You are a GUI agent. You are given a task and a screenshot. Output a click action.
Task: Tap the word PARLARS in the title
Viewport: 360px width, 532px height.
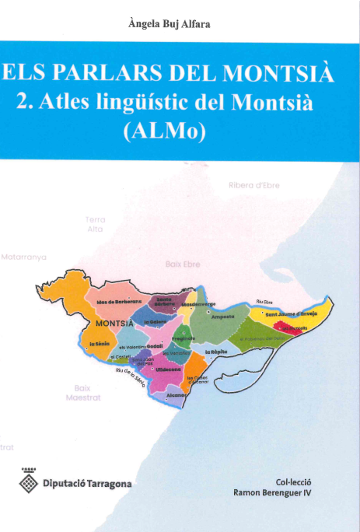(125, 75)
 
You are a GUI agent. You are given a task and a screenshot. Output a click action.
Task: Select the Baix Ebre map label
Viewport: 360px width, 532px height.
(183, 264)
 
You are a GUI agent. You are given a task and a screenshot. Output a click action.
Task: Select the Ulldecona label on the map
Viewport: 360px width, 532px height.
(168, 369)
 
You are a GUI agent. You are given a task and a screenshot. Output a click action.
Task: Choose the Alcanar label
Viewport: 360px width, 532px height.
(177, 395)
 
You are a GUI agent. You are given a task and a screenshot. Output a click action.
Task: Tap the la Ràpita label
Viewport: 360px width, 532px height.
(215, 352)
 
